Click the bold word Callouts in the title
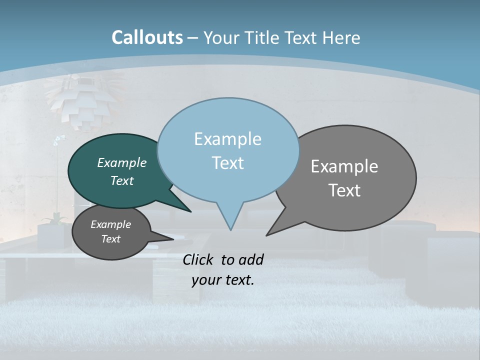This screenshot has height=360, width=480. click(x=147, y=37)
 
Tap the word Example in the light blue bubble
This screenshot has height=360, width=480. click(x=227, y=139)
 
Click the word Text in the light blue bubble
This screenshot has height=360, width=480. click(x=227, y=163)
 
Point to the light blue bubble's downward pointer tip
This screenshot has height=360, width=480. click(x=230, y=229)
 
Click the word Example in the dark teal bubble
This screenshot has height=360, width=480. click(x=122, y=163)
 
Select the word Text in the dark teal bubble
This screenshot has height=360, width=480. click(x=122, y=180)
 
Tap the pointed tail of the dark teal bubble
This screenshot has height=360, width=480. click(x=190, y=211)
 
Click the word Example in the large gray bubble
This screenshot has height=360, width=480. click(x=344, y=166)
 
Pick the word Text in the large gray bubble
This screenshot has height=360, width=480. click(x=344, y=190)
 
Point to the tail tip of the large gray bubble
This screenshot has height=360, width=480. click(x=267, y=235)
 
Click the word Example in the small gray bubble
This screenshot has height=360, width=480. click(x=111, y=224)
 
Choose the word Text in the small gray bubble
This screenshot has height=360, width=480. click(x=111, y=239)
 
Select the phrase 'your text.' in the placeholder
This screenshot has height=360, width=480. click(x=223, y=280)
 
